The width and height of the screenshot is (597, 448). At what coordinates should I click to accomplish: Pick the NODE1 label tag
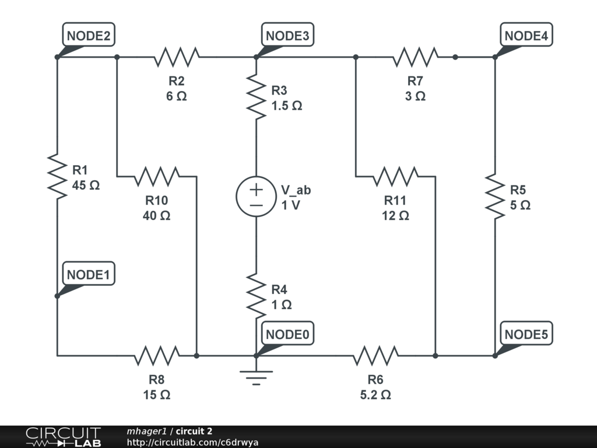click(x=89, y=274)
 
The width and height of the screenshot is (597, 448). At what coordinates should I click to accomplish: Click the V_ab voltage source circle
click(x=257, y=197)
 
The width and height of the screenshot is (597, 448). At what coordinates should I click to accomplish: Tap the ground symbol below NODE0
click(x=257, y=377)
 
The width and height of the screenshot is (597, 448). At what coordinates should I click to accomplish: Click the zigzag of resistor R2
click(x=177, y=57)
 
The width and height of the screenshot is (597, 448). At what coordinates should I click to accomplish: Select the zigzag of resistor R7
click(x=415, y=57)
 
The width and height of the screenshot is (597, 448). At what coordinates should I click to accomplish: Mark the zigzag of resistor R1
click(x=57, y=176)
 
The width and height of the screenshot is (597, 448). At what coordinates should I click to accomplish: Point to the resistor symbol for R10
click(x=157, y=176)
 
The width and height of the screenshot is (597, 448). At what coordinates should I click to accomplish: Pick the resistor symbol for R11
click(x=396, y=176)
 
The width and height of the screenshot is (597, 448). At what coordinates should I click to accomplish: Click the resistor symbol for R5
click(x=495, y=197)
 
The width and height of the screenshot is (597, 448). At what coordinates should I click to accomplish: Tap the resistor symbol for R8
click(x=157, y=356)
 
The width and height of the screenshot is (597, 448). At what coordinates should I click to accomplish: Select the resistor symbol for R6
click(x=376, y=356)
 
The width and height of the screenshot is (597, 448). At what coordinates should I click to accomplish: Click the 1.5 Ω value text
click(x=287, y=106)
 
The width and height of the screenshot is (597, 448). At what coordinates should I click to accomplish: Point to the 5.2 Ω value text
click(x=375, y=395)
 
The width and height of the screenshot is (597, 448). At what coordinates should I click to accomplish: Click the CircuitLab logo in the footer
click(x=63, y=436)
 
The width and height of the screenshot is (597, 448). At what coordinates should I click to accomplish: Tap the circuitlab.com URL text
click(x=192, y=442)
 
